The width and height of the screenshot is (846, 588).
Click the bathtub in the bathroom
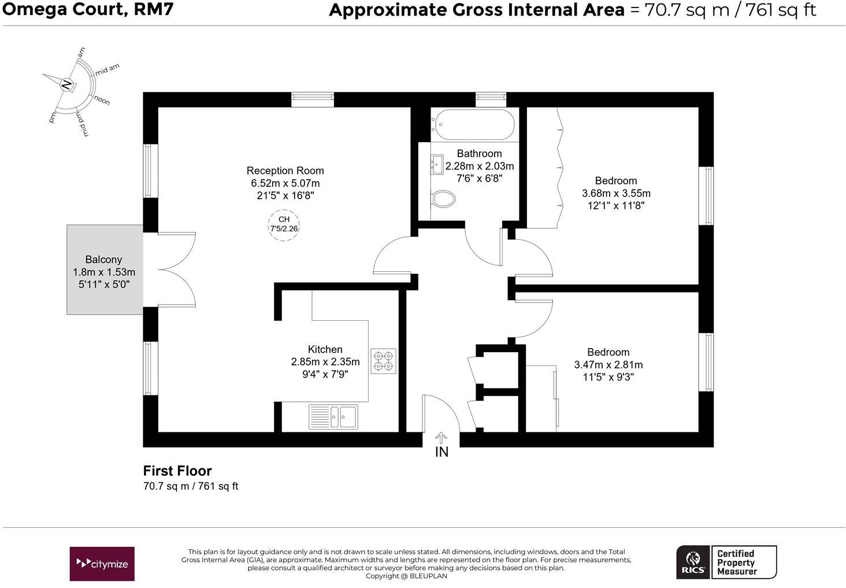point(473,124)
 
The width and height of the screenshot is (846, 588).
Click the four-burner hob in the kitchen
point(383,361)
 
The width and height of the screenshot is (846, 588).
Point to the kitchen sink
point(333,416)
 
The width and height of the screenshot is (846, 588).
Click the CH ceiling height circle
point(284,224)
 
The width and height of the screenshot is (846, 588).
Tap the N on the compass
point(67,84)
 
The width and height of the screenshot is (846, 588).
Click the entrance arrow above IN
point(441,438)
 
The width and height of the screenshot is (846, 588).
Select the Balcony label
point(103,260)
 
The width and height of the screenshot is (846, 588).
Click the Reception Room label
point(285,171)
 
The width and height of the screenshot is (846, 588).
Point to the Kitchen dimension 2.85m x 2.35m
point(325,362)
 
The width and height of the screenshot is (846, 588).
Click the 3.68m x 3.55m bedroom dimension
point(615,193)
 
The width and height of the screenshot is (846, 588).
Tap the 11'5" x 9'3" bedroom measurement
point(608,378)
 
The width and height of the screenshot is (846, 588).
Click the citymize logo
point(102,564)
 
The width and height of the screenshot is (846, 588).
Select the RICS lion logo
point(692,562)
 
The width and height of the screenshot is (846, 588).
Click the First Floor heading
point(177,471)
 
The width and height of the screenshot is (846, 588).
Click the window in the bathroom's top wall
point(491,99)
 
